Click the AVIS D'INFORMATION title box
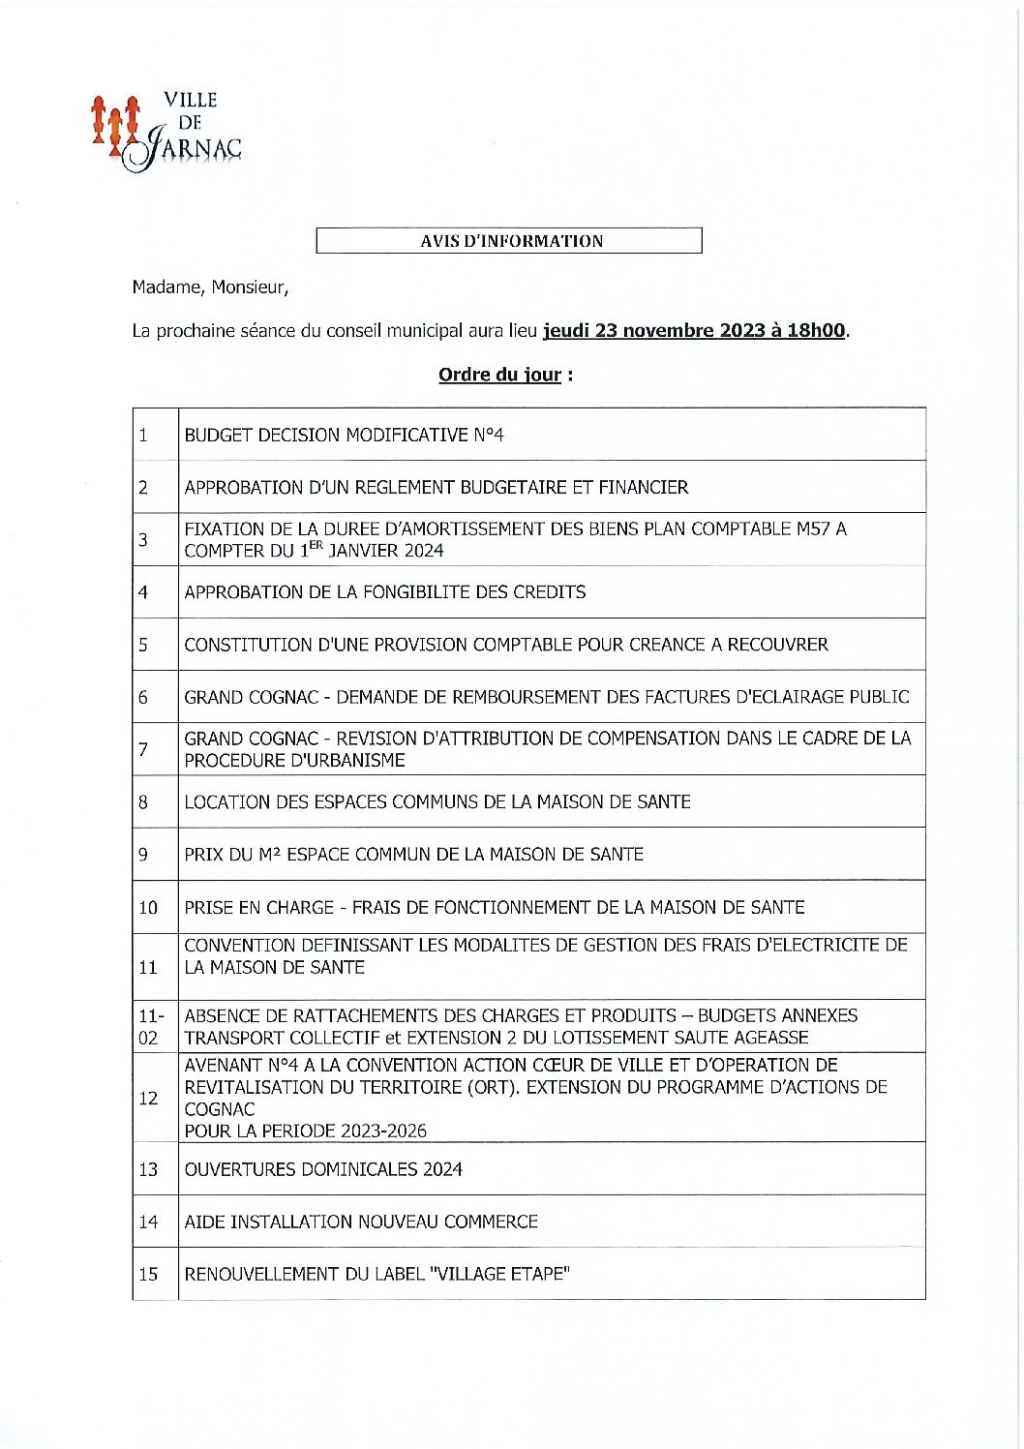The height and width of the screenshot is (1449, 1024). click(x=509, y=241)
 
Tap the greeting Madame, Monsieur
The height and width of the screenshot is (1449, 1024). click(x=210, y=287)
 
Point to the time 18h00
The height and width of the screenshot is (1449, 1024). click(x=816, y=331)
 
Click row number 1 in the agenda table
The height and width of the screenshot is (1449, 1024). click(x=144, y=436)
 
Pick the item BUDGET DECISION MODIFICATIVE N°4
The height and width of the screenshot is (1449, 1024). click(x=344, y=436)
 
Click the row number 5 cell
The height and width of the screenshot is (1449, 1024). click(x=144, y=645)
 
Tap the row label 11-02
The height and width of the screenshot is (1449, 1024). click(x=149, y=1026)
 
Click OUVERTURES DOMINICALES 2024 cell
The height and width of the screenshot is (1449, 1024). click(x=323, y=1169)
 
